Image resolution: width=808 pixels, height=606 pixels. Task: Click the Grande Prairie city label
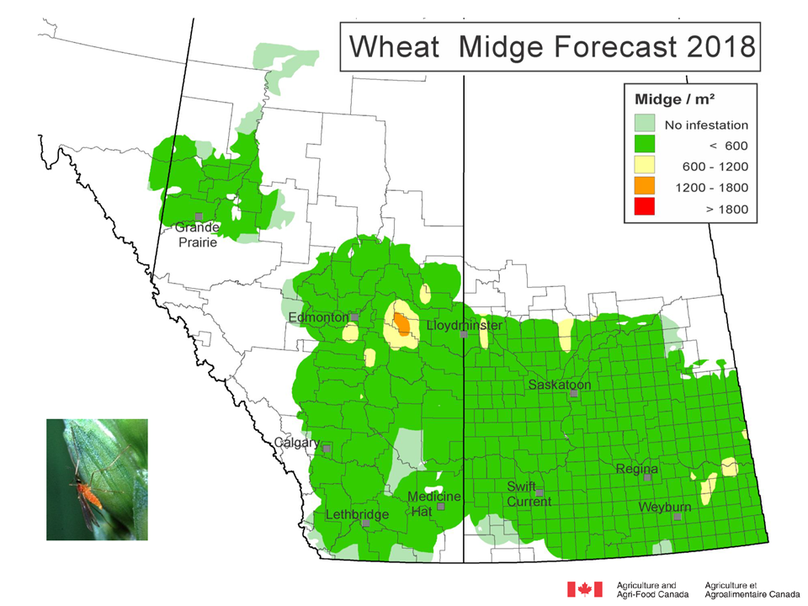point(196,235)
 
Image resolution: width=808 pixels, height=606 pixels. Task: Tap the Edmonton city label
point(317,317)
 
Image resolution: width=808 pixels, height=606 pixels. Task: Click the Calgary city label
point(296,443)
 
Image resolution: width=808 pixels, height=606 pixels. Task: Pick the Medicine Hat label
point(433,504)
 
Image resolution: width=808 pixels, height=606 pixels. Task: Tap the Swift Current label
point(529,494)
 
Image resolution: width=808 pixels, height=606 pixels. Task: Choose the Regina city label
point(636,469)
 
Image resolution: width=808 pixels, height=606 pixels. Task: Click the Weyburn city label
point(665,508)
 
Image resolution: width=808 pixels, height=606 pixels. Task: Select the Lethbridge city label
point(357,515)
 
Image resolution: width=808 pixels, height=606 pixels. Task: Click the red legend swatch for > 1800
point(646,208)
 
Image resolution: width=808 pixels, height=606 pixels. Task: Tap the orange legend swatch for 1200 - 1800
point(646,187)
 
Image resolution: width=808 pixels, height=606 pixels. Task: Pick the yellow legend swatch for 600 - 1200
point(646,167)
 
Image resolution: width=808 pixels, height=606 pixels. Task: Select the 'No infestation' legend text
point(705,125)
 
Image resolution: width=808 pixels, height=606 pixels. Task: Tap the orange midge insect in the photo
point(90,494)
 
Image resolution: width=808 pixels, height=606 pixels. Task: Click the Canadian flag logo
point(585,589)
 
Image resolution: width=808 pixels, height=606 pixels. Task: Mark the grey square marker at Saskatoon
point(573,393)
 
